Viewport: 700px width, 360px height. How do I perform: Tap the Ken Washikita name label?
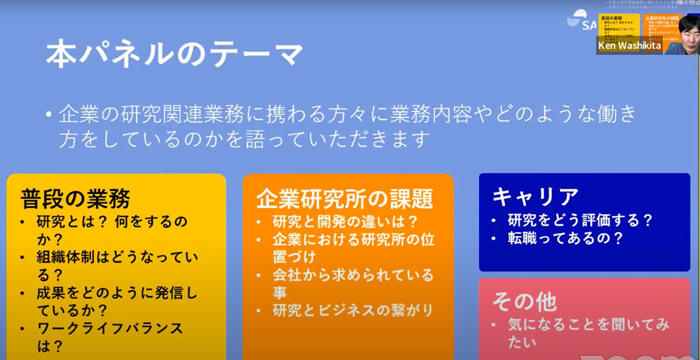coord(628,46)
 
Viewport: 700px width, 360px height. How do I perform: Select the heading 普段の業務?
coord(75,198)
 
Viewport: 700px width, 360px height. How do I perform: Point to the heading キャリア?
coord(535,197)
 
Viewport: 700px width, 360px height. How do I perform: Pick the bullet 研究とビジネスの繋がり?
coord(353,310)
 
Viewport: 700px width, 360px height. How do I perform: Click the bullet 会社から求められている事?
coord(353,282)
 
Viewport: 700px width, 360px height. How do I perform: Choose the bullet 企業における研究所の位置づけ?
coord(353,247)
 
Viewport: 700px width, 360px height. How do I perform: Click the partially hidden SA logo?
coord(579,22)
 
